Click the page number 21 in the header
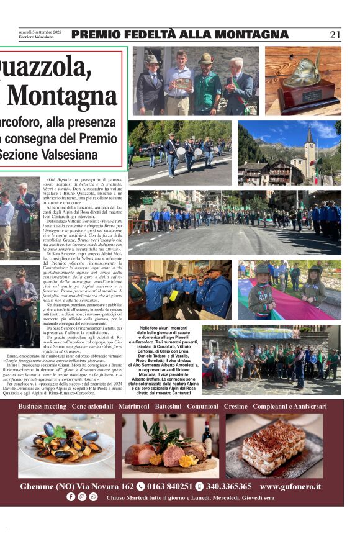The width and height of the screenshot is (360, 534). tap(335, 35)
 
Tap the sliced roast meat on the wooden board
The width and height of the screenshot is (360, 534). tap(164, 455)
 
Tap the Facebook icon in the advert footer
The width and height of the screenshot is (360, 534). tap(70, 497)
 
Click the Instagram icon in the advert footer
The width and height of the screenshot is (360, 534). tap(82, 497)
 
